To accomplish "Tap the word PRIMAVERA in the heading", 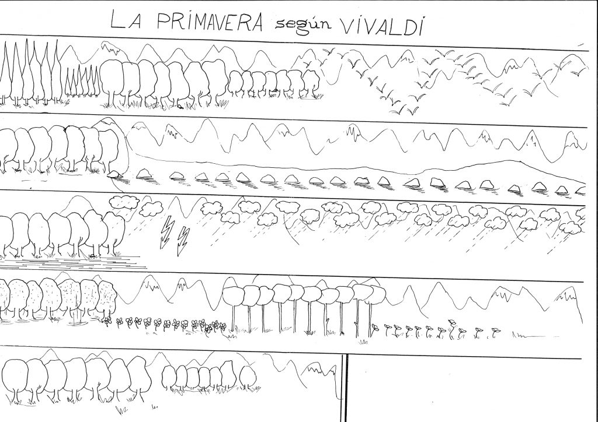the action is (210, 22).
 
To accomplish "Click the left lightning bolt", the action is (166, 233).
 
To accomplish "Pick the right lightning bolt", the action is (183, 241).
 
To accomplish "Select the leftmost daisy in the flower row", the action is (108, 322).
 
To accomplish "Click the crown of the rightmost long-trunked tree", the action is (378, 294).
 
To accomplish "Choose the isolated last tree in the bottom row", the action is (248, 378).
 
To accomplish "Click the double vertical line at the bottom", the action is (344, 388).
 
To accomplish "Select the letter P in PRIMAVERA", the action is (164, 20).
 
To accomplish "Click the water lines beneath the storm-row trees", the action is (72, 262).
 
